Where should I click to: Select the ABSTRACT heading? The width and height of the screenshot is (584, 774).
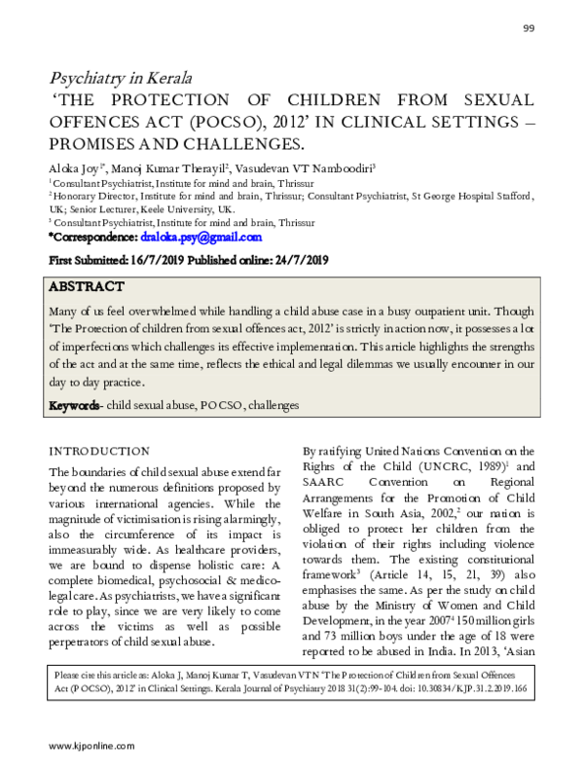tap(88, 286)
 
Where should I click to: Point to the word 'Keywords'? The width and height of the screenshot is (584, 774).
tap(74, 404)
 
